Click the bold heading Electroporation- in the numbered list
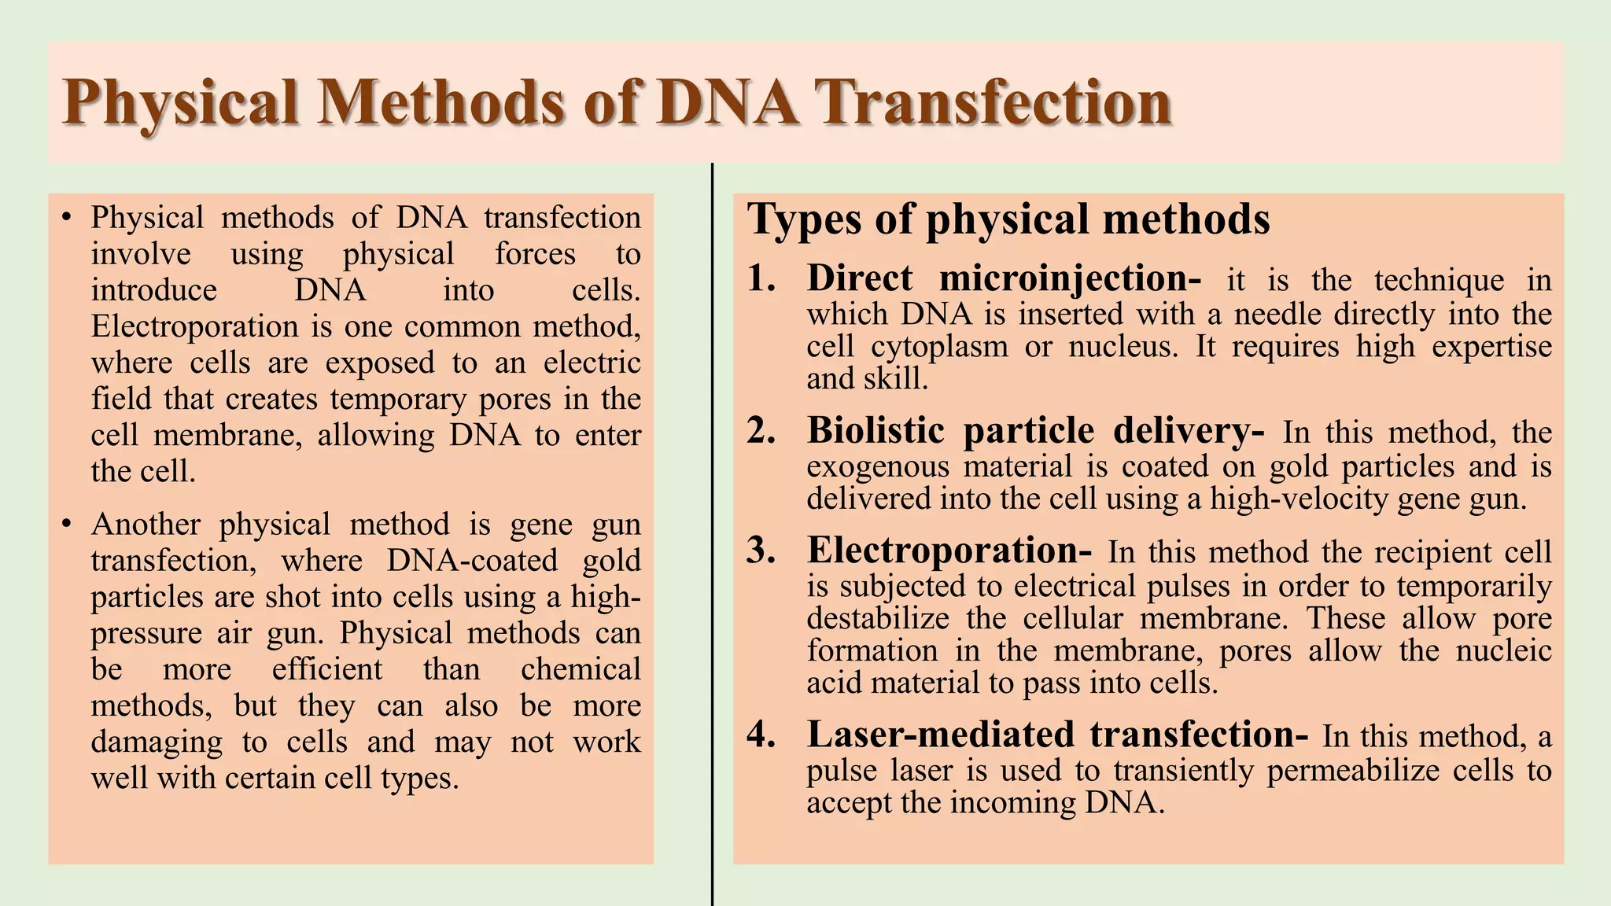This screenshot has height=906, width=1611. (x=949, y=551)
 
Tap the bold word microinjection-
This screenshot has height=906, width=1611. (x=1070, y=278)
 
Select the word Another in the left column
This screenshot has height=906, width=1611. (x=146, y=525)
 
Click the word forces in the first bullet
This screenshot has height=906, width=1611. (x=535, y=254)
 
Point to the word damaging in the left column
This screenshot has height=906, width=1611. (x=157, y=742)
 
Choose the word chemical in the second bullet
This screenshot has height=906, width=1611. (x=581, y=669)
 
